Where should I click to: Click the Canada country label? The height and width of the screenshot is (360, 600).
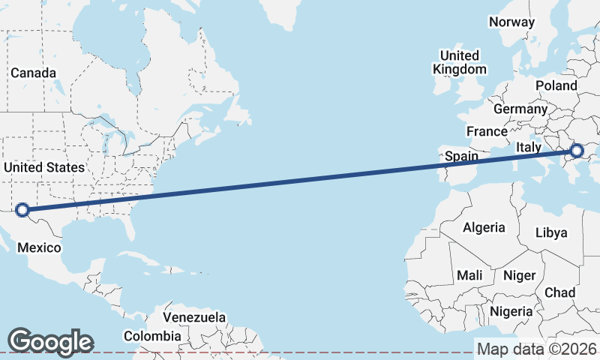[33, 73]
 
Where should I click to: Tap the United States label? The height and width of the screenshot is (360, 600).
[43, 167]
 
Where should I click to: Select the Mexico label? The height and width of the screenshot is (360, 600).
[39, 247]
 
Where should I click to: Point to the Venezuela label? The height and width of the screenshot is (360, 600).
[193, 318]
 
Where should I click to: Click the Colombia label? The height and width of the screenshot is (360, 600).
[152, 336]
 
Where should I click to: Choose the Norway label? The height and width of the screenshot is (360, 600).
[511, 22]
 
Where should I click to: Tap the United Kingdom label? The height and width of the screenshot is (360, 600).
[459, 62]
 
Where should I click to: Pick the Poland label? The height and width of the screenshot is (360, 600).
[556, 86]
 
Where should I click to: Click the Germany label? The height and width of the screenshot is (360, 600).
[520, 109]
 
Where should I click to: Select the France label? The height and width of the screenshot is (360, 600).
[487, 131]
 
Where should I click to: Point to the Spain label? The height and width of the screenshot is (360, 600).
[461, 157]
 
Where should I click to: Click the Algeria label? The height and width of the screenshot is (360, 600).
[484, 227]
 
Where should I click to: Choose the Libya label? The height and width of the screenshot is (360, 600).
[551, 232]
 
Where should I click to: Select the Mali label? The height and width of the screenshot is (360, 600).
[469, 275]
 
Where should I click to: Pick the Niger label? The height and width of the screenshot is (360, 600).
[519, 275]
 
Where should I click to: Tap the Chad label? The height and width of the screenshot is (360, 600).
[560, 292]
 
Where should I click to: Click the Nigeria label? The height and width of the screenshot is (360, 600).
[511, 311]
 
